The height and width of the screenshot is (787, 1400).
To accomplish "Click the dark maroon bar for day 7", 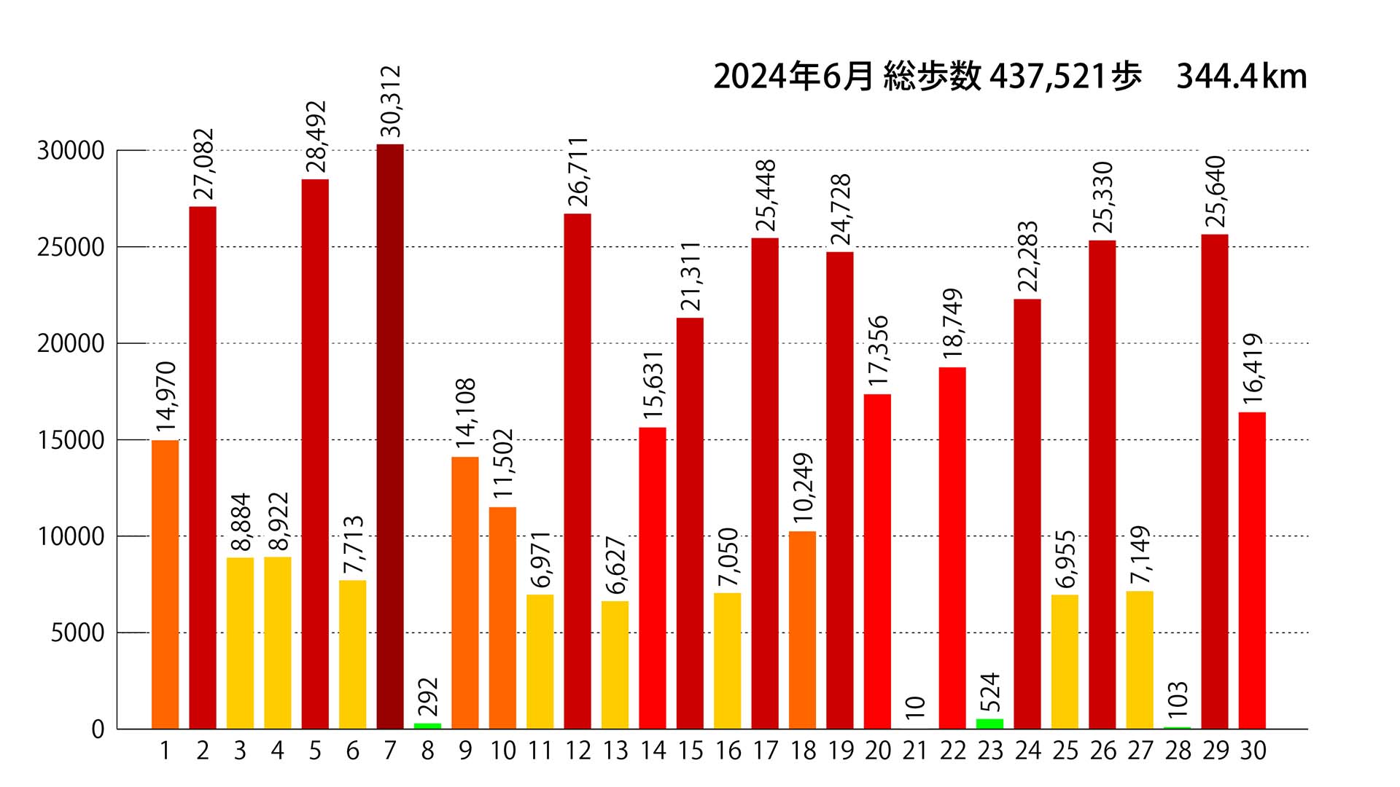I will point(390,437).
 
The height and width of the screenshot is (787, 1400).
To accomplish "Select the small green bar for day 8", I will point(427,725).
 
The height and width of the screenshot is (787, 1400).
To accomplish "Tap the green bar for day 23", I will point(989,723).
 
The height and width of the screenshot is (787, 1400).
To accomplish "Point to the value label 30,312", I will point(391,101).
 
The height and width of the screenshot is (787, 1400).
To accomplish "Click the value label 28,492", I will point(316,137).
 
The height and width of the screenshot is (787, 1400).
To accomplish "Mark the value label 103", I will point(1178,699).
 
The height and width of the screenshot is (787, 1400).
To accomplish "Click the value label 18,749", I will point(952,324).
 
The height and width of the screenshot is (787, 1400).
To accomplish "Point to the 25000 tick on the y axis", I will point(71,248).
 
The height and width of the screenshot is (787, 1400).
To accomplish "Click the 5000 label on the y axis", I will point(77,633).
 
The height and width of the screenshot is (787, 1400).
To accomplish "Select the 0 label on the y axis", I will point(98,729).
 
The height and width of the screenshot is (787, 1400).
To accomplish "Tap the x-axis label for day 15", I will point(690,751).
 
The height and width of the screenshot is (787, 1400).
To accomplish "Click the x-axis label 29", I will point(1215,751).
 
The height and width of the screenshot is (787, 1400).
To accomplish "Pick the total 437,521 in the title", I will point(1048,77).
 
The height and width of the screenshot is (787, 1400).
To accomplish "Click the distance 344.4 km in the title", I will point(1241,77).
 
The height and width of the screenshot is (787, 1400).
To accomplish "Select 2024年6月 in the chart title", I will point(793,77).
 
